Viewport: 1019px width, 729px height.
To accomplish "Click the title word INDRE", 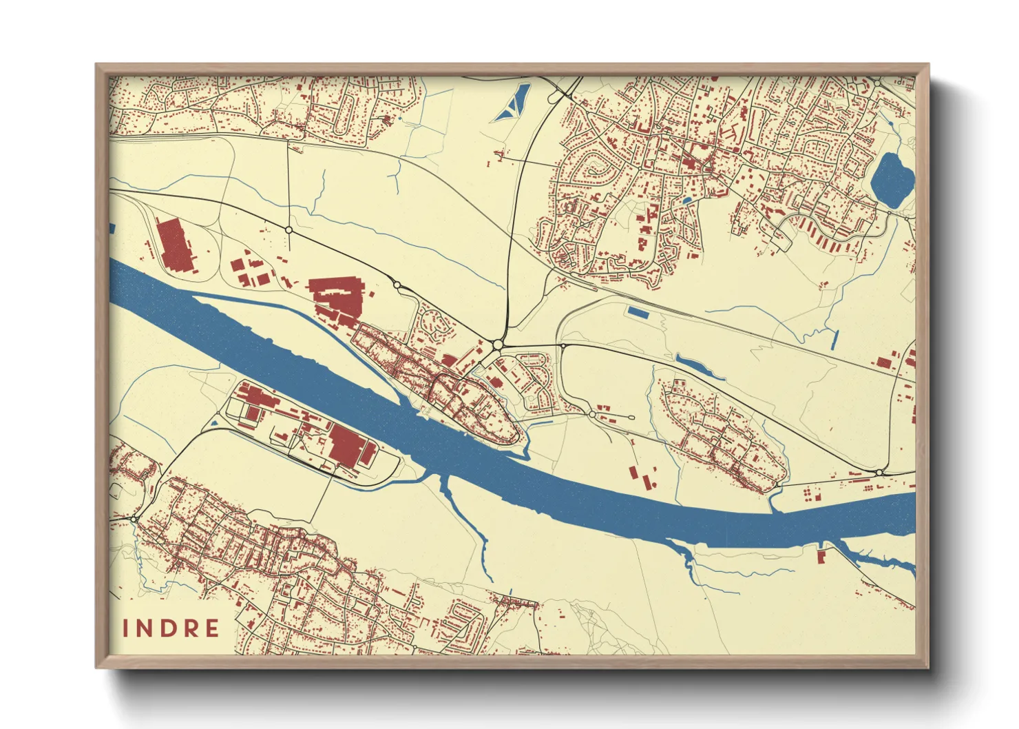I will pos(171,628).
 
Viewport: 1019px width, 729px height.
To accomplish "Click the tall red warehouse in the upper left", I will pos(174,245).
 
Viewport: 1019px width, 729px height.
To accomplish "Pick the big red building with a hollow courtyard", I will pos(336,299).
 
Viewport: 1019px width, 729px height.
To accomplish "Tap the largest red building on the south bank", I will pos(347,445).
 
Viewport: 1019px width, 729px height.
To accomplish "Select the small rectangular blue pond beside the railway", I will pos(638,313).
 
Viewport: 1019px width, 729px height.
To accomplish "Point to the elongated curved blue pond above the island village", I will pos(699,367).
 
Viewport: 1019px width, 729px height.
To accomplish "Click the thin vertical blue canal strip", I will pos(835,339).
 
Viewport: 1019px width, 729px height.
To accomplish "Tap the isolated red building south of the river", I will pos(821,555).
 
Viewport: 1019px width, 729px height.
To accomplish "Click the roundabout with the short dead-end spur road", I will pos(592,415).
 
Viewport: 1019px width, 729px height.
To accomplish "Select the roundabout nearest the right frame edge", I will pos(879,472).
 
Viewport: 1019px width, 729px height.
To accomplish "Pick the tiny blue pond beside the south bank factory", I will pos(215,423).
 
